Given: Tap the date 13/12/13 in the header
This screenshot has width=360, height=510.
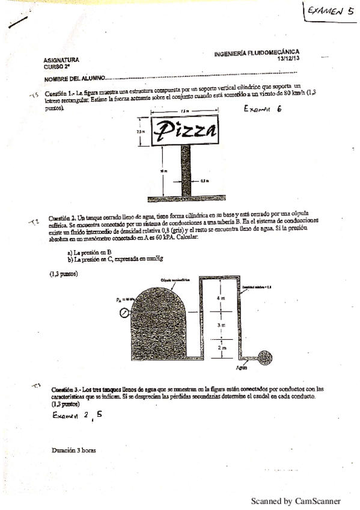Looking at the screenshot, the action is [x=288, y=58].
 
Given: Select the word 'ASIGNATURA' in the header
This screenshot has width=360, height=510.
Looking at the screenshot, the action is [x=61, y=60].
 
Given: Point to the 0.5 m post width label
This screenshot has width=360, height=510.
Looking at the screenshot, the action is [x=204, y=180].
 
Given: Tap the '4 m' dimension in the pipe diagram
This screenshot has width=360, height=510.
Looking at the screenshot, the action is [x=221, y=298].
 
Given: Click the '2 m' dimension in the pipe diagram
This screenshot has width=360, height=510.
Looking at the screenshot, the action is [x=221, y=348].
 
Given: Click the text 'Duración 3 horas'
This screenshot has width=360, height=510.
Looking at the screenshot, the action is [x=74, y=450].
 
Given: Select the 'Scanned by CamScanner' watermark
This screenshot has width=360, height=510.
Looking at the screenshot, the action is [x=296, y=500].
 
